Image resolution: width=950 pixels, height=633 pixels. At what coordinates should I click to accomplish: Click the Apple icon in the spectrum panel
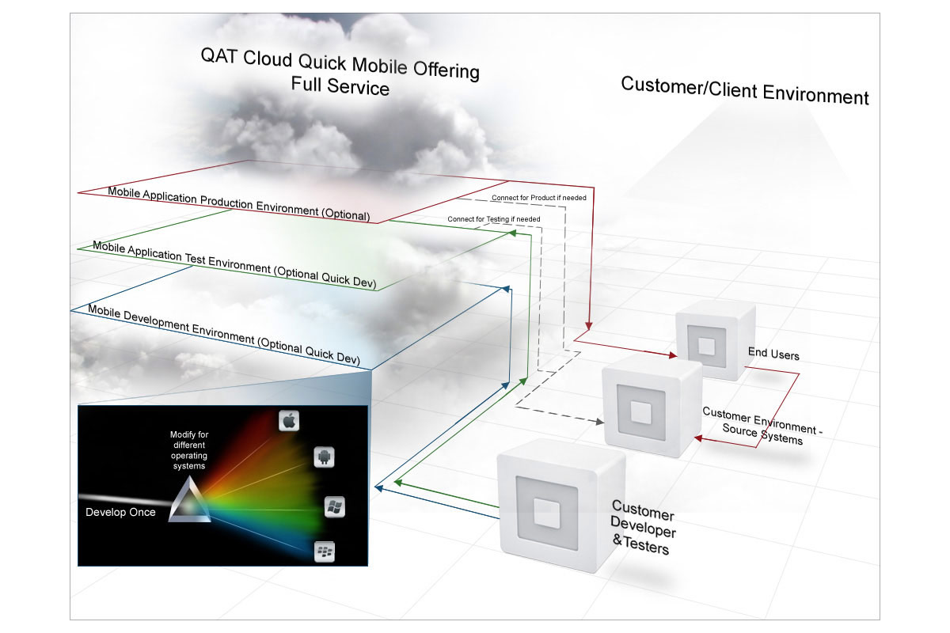pyautogui.click(x=289, y=421)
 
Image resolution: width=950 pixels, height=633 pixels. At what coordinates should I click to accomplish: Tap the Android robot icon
pyautogui.click(x=322, y=457)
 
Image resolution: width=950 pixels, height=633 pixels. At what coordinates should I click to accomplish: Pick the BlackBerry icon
pyautogui.click(x=323, y=550)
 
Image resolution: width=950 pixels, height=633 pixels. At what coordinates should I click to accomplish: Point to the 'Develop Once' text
pyautogui.click(x=120, y=513)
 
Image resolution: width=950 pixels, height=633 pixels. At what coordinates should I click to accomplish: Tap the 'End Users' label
pyautogui.click(x=773, y=354)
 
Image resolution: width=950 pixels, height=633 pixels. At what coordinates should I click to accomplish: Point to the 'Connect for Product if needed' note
pyautogui.click(x=538, y=197)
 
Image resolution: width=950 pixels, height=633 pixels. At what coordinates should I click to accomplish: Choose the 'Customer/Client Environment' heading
pyautogui.click(x=744, y=90)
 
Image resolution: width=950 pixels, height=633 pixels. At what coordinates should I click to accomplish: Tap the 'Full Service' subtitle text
pyautogui.click(x=340, y=84)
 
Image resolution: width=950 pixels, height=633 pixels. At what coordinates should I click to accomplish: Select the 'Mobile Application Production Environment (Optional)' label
pyautogui.click(x=238, y=203)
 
